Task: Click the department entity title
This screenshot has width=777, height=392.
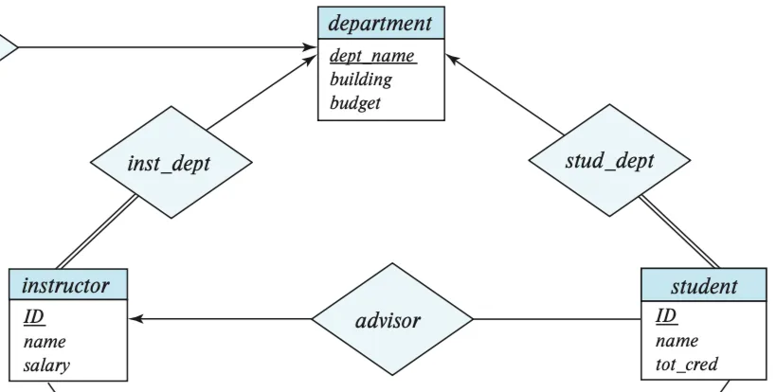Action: pos(380,24)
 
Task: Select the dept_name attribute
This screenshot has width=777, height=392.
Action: pos(373,56)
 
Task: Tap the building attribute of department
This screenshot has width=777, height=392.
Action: pos(361,80)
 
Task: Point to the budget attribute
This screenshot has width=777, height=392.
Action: pos(354,103)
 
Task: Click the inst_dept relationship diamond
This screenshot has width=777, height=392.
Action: pos(171,162)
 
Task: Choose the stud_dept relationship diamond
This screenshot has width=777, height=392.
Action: pos(609,160)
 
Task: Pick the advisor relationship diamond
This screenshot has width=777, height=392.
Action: pos(392,319)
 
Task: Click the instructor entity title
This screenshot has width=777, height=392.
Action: pos(65,286)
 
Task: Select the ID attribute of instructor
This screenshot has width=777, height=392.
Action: pos(34,317)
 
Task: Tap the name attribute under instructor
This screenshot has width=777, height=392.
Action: pos(45,342)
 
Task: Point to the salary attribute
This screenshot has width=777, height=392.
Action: pos(46,365)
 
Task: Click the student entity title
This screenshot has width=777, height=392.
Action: pos(704,287)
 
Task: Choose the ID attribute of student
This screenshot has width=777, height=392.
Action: pos(666,316)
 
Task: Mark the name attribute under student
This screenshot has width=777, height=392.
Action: pos(677,341)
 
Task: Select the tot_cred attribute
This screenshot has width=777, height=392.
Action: pos(686,365)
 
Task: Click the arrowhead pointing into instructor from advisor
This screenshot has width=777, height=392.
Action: pos(136,319)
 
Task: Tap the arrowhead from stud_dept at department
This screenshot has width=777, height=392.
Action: pos(452,59)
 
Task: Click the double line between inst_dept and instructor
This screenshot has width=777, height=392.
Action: pos(97,232)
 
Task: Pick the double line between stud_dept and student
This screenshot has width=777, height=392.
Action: pos(679,232)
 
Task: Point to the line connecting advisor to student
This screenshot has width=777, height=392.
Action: pos(557,319)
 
